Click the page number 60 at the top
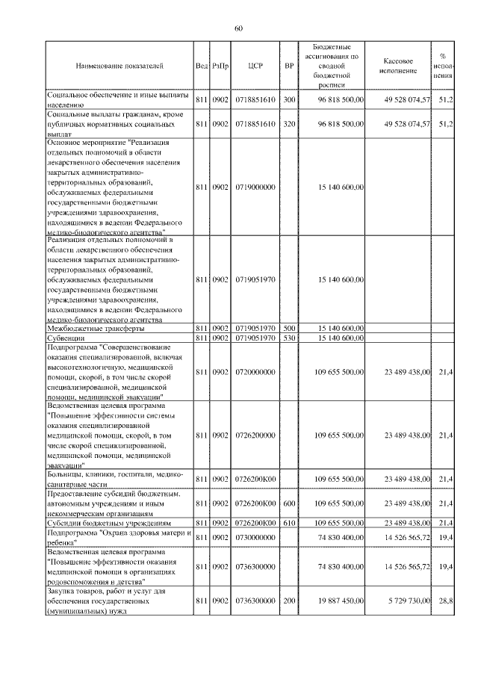(x=238, y=28)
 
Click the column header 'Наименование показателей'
(x=119, y=66)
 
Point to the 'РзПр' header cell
(x=220, y=66)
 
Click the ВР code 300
(x=289, y=99)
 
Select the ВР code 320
(x=289, y=123)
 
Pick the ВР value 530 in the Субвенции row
(x=289, y=338)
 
